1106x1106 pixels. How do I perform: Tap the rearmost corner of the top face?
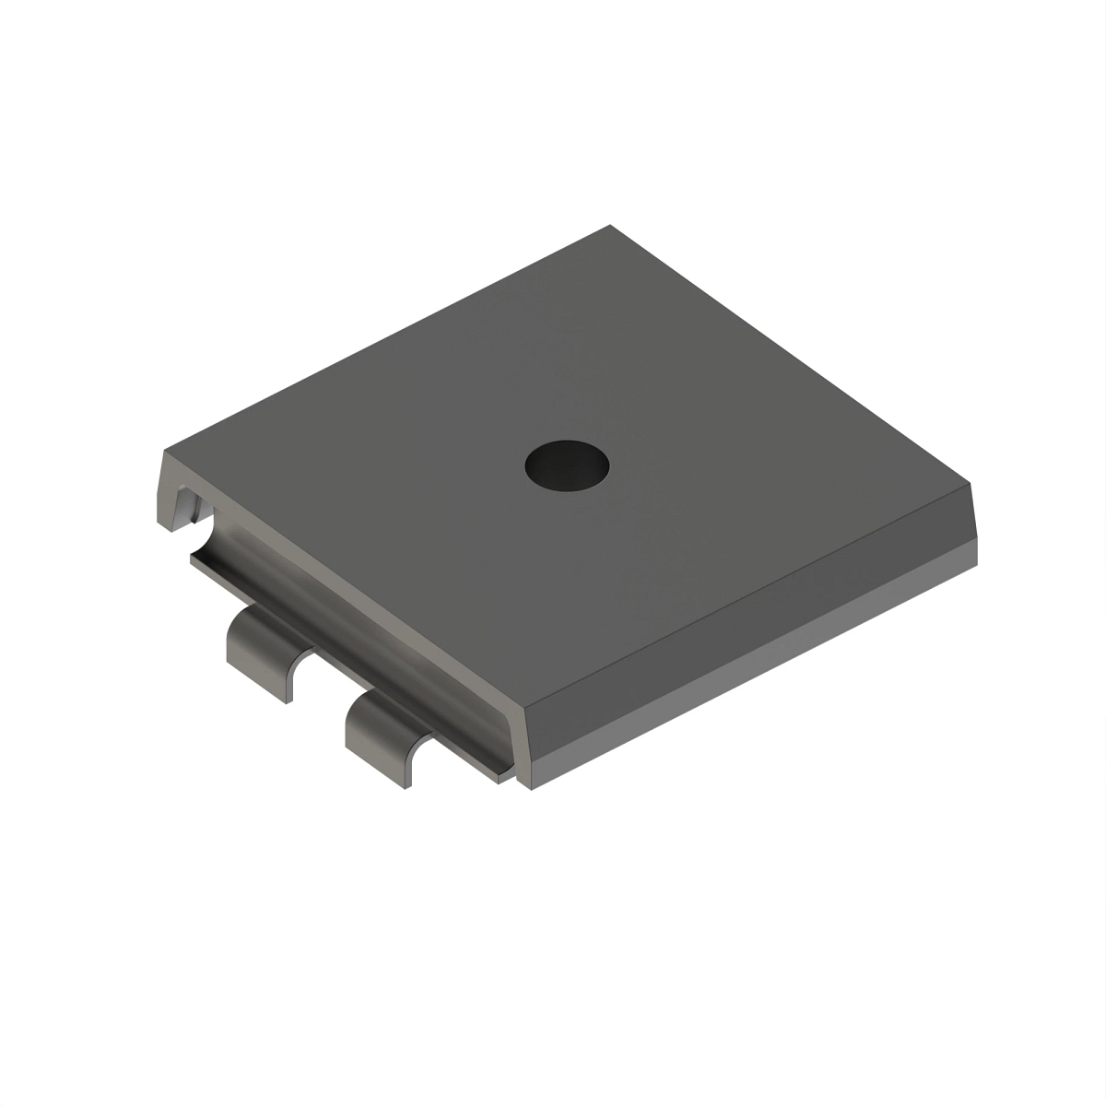tap(609, 226)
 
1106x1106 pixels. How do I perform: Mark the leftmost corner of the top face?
tap(167, 451)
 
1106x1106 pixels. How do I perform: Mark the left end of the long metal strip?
tap(195, 558)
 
